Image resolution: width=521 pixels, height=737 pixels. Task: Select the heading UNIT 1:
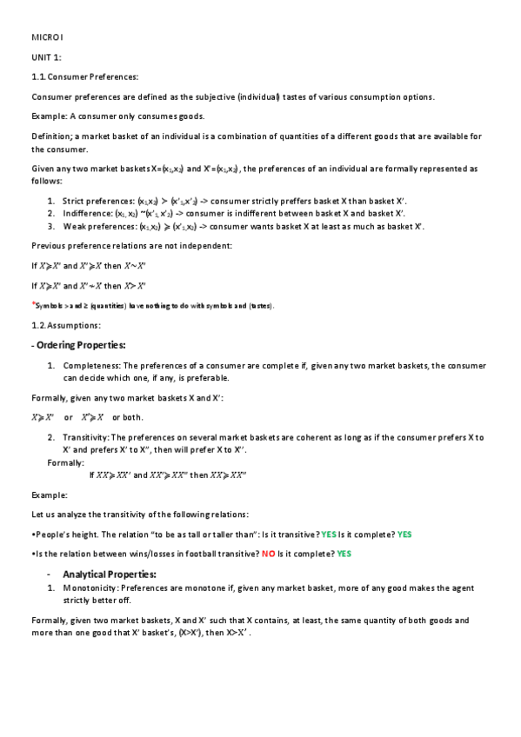coord(46,56)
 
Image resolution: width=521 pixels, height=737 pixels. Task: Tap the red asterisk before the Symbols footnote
coord(33,304)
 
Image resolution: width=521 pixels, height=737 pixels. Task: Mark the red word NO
coord(269,554)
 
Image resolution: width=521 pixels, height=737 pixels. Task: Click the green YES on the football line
coord(344,554)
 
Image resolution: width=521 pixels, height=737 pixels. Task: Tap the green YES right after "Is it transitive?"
coord(329,534)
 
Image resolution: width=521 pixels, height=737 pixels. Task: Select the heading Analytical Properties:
coord(110,574)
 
